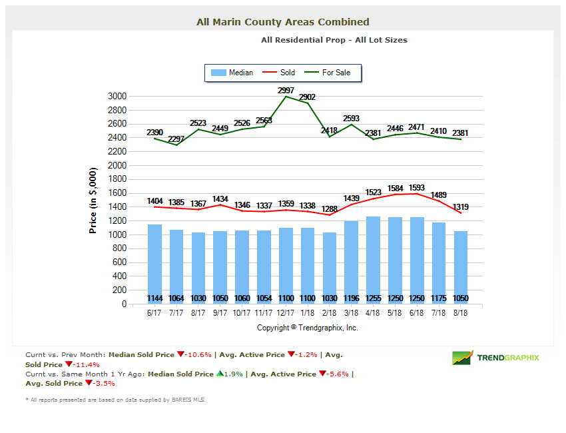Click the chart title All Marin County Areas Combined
282,22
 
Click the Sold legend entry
280,73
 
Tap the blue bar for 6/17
154,263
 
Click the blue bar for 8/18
461,266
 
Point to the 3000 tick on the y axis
117,96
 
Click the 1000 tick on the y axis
117,234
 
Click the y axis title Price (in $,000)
93,200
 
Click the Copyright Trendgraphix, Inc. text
308,328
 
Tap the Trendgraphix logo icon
463,358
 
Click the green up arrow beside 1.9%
219,374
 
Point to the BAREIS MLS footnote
115,400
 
